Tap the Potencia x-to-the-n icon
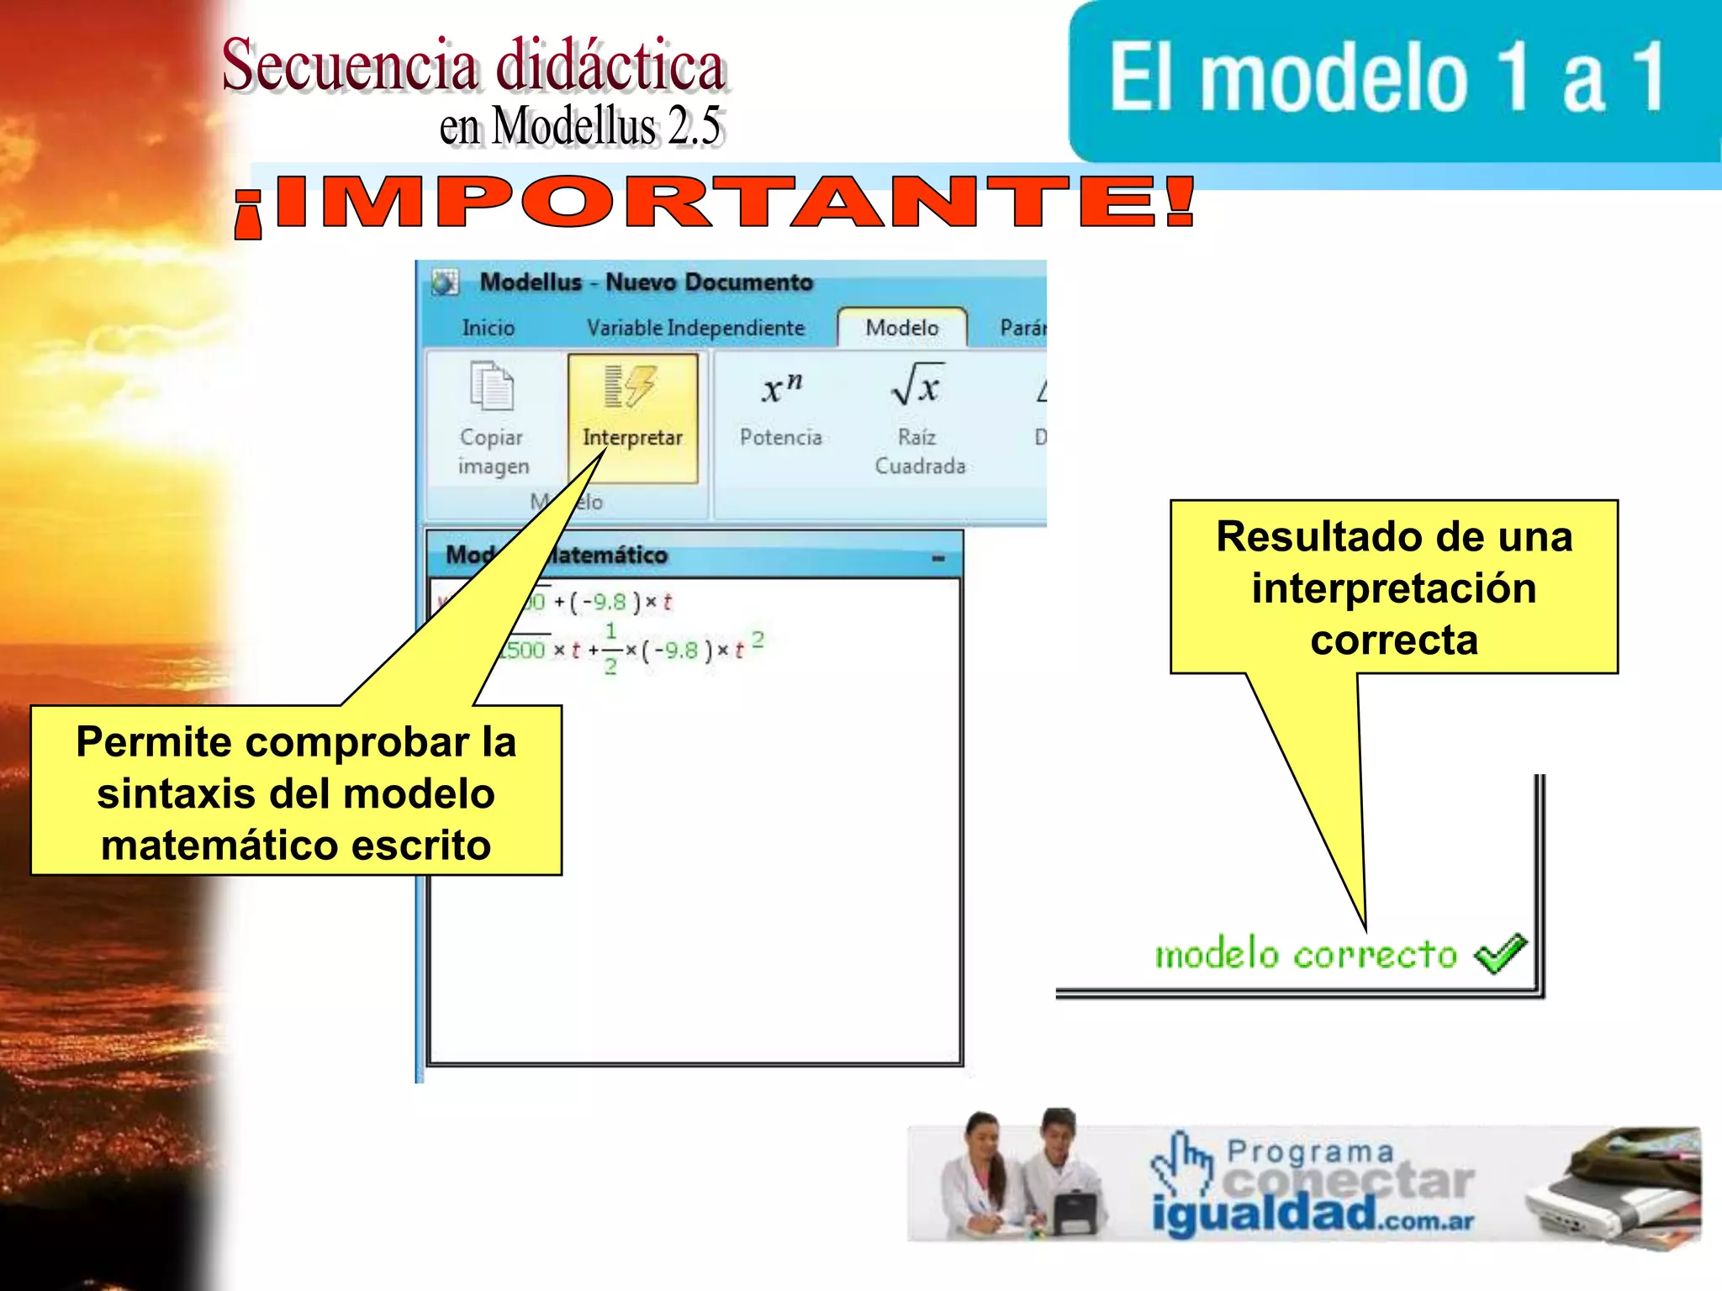(781, 389)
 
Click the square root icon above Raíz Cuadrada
(917, 385)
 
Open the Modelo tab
(901, 328)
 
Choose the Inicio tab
(488, 328)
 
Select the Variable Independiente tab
(695, 328)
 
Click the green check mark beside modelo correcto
(1500, 954)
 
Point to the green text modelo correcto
(1305, 955)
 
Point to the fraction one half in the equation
(610, 649)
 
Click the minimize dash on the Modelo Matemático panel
(938, 558)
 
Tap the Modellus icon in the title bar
(445, 282)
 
